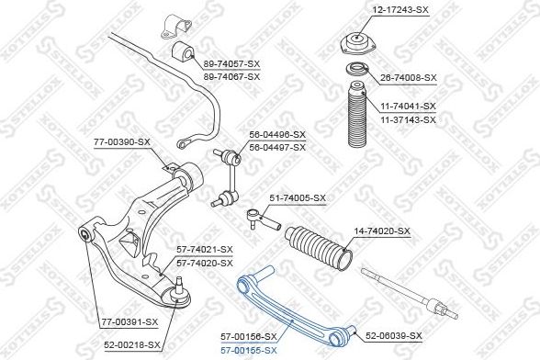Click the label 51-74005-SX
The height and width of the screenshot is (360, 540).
tap(298, 198)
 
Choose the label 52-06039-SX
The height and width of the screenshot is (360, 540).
tap(393, 335)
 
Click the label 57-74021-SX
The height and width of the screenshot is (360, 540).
tap(205, 250)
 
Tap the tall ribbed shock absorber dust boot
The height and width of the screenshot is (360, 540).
tap(357, 118)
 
